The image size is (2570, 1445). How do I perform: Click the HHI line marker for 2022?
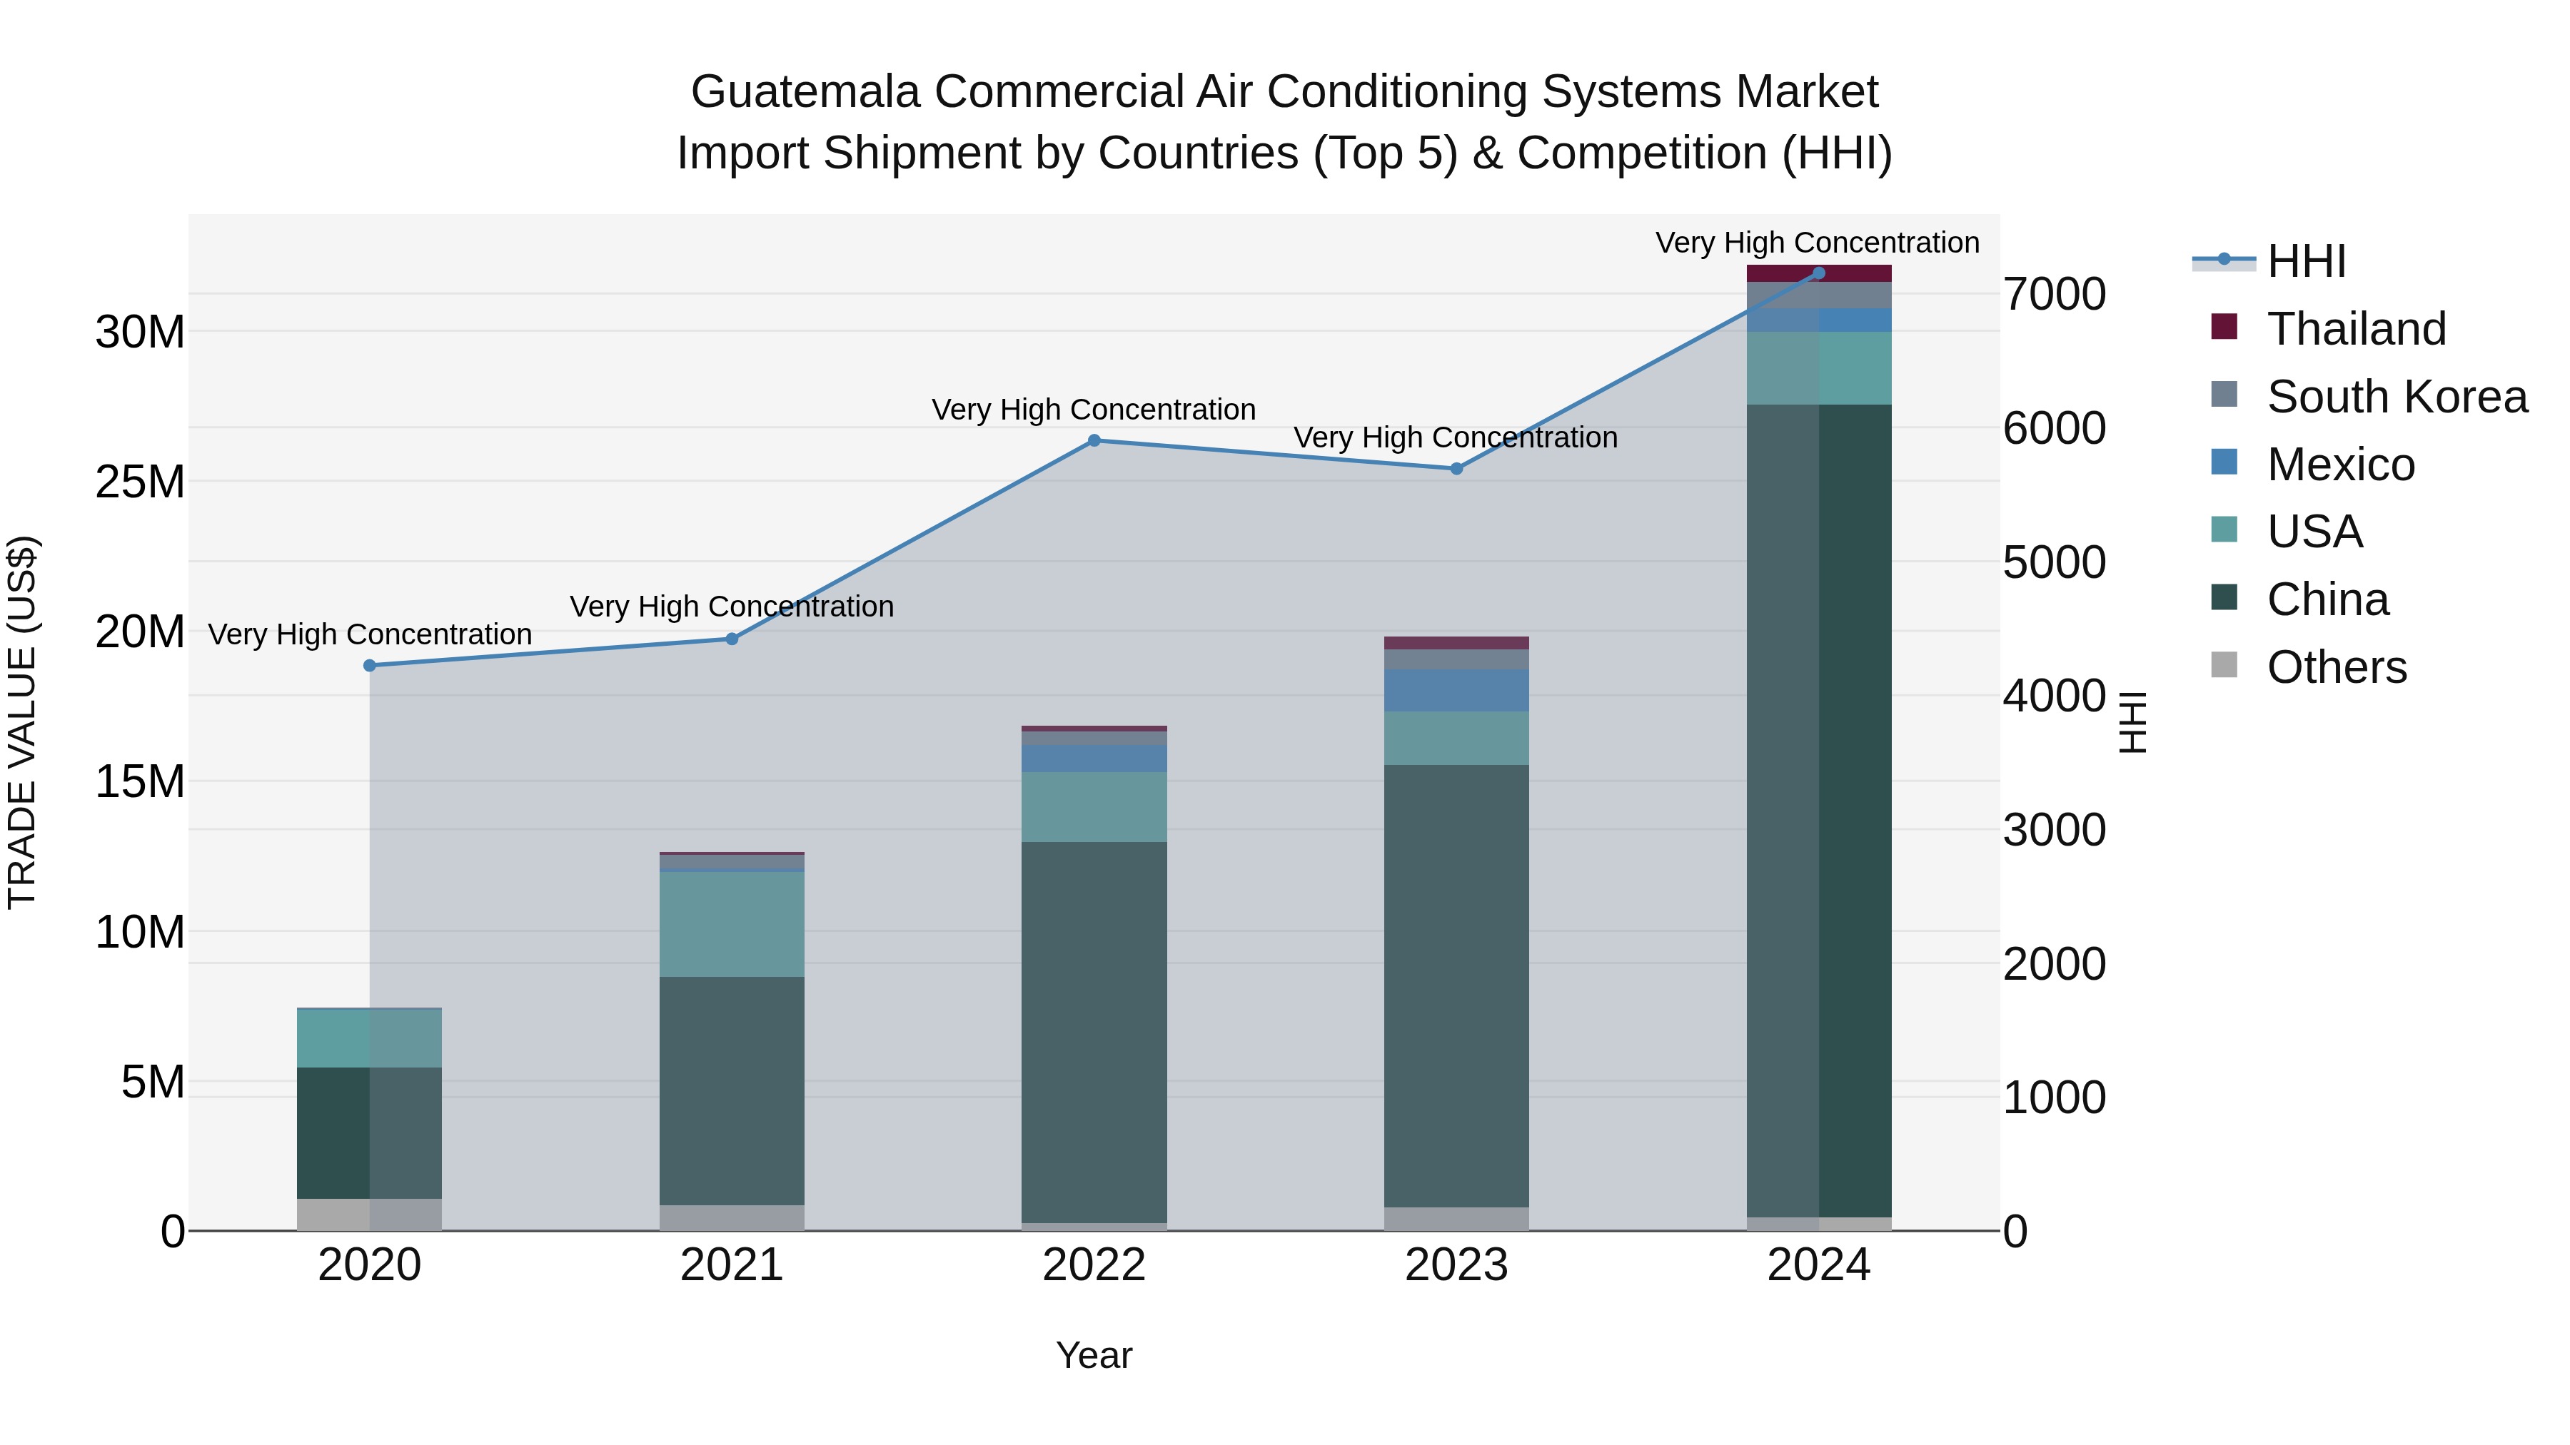click(1094, 441)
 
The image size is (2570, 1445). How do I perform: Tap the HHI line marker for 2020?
click(369, 665)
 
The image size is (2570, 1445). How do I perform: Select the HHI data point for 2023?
click(1456, 469)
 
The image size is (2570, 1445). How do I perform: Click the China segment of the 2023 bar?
click(1456, 988)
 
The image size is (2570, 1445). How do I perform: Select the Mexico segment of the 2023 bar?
click(1456, 690)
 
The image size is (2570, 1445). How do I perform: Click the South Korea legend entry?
click(2395, 397)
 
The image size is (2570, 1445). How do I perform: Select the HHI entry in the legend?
click(2304, 261)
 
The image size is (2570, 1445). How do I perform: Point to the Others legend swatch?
click(2224, 665)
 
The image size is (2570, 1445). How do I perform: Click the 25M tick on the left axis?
click(140, 482)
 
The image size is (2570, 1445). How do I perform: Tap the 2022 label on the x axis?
click(1094, 1265)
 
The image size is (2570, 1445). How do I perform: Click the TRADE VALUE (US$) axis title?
click(22, 722)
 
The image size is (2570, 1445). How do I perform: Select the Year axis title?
click(1094, 1355)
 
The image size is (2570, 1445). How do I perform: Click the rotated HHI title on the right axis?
click(2131, 722)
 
